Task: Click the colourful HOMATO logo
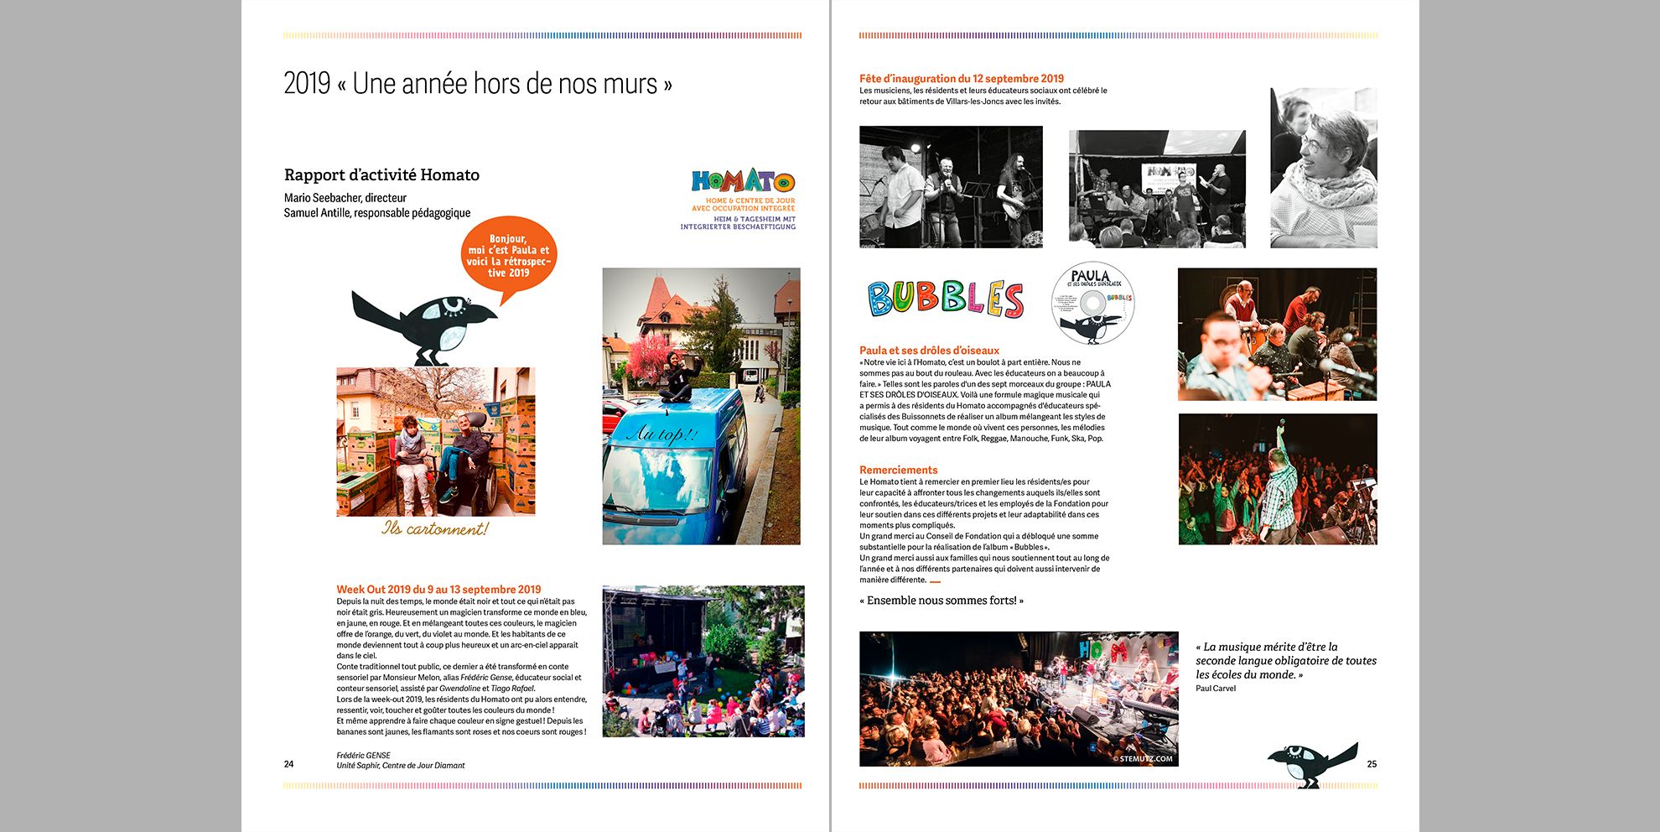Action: (x=743, y=181)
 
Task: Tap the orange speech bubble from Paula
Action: (x=508, y=255)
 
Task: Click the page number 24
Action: (x=288, y=764)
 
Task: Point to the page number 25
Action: (x=1372, y=764)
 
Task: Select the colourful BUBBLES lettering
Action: (x=945, y=299)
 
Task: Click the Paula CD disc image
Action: (x=1092, y=303)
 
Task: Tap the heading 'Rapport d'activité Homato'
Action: (x=381, y=174)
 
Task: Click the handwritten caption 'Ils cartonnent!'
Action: (x=434, y=528)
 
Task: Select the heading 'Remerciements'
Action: (x=898, y=470)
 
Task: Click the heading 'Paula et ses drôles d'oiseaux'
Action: (x=929, y=351)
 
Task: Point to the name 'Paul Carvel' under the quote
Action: (x=1216, y=689)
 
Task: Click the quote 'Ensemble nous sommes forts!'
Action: (x=942, y=601)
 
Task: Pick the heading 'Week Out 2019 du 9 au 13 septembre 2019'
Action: (x=438, y=590)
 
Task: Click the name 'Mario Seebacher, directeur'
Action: (x=345, y=198)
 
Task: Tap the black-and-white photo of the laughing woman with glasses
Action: (x=1323, y=168)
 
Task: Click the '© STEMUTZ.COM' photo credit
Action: (x=1144, y=759)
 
